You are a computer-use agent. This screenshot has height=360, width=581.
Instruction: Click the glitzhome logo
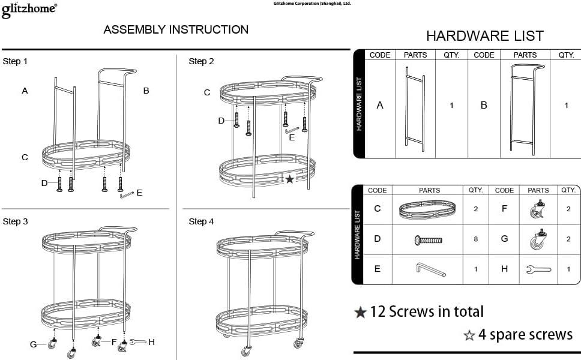click(29, 9)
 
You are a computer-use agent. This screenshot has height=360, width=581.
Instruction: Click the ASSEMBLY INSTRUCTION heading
click(176, 29)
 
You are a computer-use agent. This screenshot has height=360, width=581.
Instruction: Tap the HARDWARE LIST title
click(484, 36)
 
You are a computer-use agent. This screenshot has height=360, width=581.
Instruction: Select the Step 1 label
click(15, 61)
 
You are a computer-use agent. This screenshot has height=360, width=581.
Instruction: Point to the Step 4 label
click(201, 221)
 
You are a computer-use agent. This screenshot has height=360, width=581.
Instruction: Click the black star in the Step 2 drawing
click(290, 179)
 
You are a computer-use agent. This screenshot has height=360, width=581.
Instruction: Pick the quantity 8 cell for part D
click(476, 239)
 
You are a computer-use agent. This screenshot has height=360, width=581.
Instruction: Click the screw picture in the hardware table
click(429, 240)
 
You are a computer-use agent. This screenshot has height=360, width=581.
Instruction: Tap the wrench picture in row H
click(538, 269)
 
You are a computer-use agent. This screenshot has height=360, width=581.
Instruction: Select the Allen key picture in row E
click(430, 269)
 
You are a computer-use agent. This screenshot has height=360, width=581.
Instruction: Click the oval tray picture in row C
click(427, 209)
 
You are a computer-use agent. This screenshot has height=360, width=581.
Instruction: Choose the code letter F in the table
click(504, 209)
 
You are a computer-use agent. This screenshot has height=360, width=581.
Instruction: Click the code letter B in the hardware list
click(484, 105)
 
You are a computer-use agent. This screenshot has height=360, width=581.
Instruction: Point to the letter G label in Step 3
click(34, 344)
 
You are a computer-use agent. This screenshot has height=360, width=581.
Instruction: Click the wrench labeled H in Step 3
click(137, 342)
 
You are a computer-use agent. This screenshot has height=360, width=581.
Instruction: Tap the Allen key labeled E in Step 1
click(127, 194)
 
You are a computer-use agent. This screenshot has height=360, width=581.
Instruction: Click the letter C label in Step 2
click(207, 92)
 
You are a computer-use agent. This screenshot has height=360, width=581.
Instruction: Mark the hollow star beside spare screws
click(469, 335)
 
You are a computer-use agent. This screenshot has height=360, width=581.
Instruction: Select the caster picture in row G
click(537, 239)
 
